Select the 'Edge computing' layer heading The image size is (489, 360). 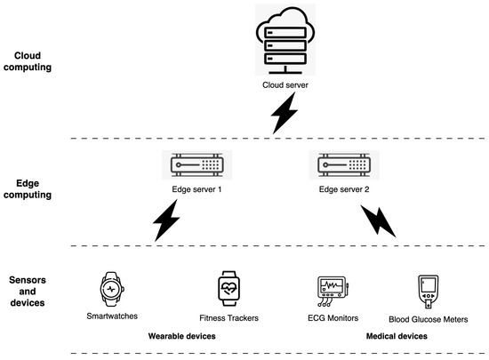coord(28,190)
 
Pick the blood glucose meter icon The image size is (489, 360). coord(429,290)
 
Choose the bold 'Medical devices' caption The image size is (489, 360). coord(397,337)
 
